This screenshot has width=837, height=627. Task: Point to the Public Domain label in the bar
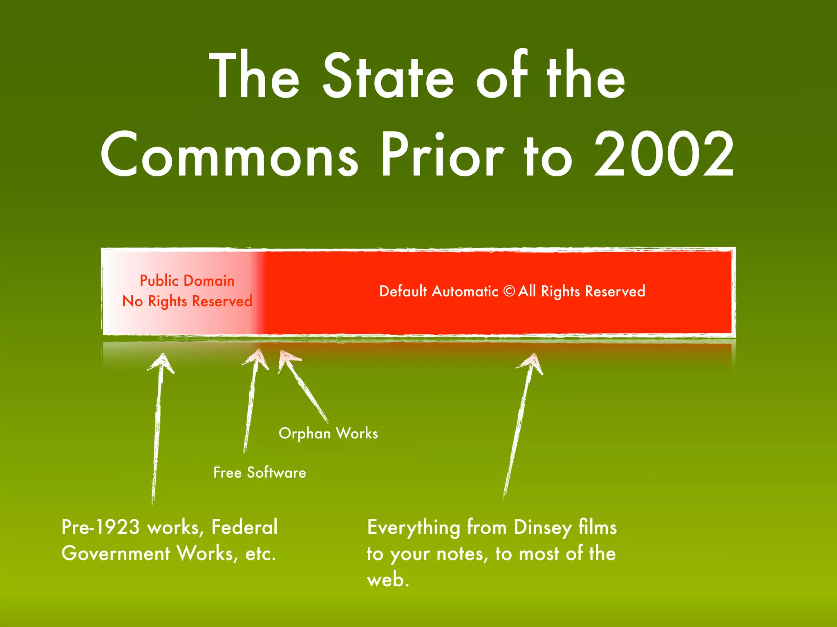tap(187, 281)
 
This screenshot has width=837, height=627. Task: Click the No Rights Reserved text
tap(187, 301)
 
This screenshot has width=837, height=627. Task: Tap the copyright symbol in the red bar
tap(509, 291)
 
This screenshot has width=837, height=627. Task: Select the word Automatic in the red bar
tap(465, 291)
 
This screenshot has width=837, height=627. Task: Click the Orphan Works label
tap(328, 434)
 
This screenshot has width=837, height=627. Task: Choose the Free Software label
tap(260, 473)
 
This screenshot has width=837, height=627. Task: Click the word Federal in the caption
tap(244, 527)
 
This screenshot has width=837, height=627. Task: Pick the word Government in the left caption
tap(116, 554)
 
